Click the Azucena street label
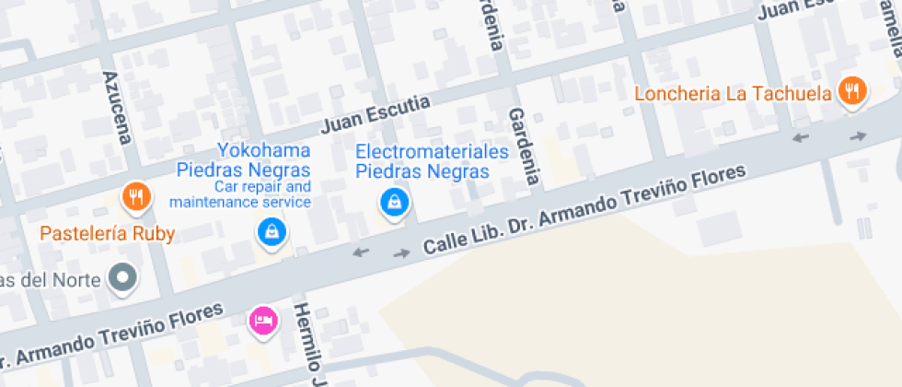pyautogui.click(x=118, y=107)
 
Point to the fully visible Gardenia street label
pyautogui.click(x=523, y=146)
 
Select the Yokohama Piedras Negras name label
pyautogui.click(x=242, y=159)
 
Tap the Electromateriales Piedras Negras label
pyautogui.click(x=432, y=160)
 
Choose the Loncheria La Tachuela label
pyautogui.click(x=734, y=94)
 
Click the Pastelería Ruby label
pyautogui.click(x=107, y=233)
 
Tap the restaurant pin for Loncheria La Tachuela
pyautogui.click(x=852, y=91)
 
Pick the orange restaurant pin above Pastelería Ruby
pyautogui.click(x=136, y=196)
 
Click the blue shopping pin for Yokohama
pyautogui.click(x=272, y=231)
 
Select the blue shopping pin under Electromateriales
pyautogui.click(x=394, y=202)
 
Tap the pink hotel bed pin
pyautogui.click(x=262, y=321)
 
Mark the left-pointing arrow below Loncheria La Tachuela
pyautogui.click(x=801, y=138)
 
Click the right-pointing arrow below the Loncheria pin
pyautogui.click(x=858, y=136)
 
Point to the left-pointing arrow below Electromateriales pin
pyautogui.click(x=361, y=252)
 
